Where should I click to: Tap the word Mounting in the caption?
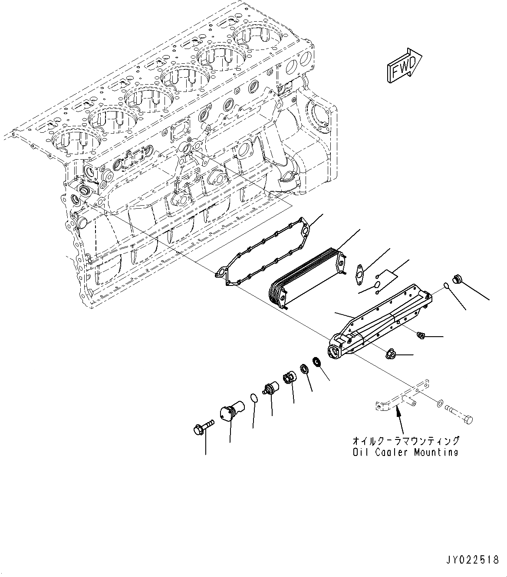pyautogui.click(x=436, y=452)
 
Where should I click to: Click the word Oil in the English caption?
pyautogui.click(x=361, y=452)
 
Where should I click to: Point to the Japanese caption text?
pyautogui.click(x=406, y=441)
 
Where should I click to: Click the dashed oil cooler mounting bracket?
pyautogui.click(x=402, y=397)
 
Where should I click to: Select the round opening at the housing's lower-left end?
pyautogui.click(x=336, y=351)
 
